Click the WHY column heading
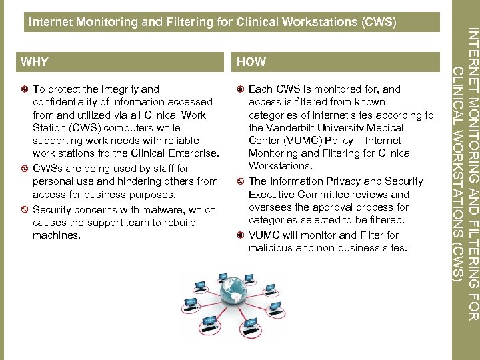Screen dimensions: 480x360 pyautogui.click(x=35, y=62)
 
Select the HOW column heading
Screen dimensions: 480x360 pyautogui.click(x=251, y=62)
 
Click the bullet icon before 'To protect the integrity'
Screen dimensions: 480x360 pyautogui.click(x=24, y=89)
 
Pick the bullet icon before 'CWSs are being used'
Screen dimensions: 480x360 pyautogui.click(x=24, y=169)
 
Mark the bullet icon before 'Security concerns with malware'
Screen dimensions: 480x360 pyautogui.click(x=24, y=210)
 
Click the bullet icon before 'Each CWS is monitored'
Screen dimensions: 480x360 pyautogui.click(x=240, y=89)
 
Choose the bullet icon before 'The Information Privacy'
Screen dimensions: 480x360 pyautogui.click(x=240, y=181)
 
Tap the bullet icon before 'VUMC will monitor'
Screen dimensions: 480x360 pyautogui.click(x=240, y=235)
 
